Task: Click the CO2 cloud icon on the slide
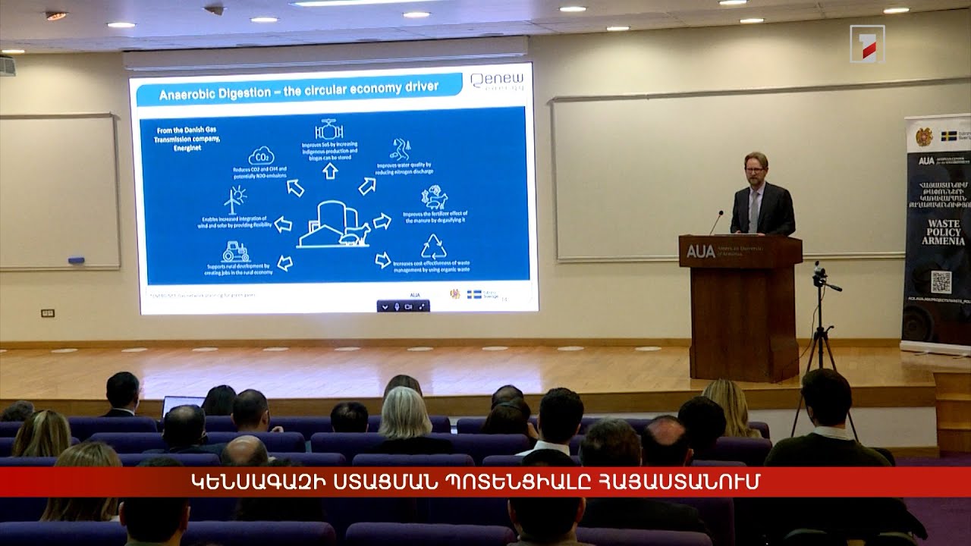261,155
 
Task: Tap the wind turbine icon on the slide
234,199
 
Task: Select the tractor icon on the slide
235,252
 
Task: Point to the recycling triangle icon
434,246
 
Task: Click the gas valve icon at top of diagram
329,130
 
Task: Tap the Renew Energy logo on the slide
497,81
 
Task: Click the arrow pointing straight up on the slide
330,171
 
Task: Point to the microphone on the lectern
715,222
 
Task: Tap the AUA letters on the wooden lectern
700,251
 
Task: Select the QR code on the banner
941,281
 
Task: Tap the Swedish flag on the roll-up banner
948,136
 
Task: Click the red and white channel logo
867,44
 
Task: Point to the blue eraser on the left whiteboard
76,260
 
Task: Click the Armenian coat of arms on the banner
923,137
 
